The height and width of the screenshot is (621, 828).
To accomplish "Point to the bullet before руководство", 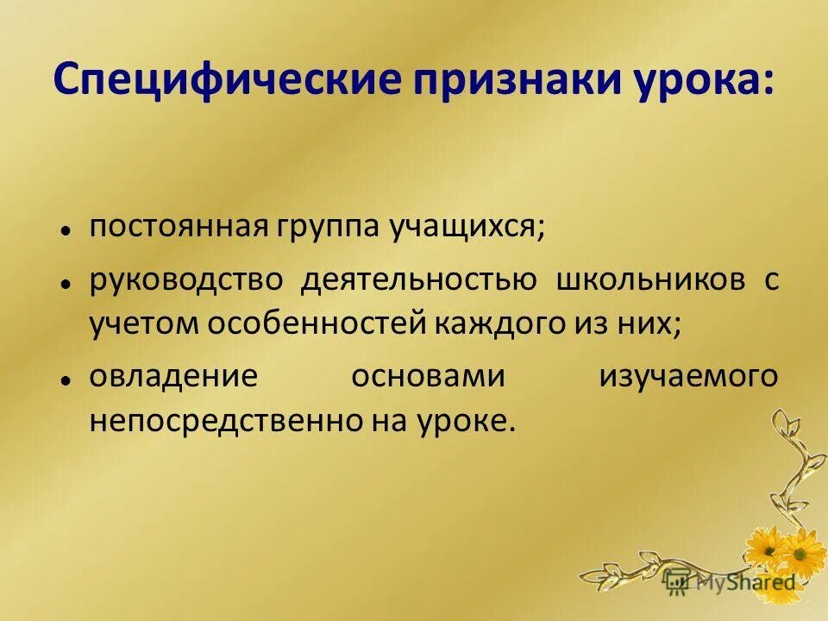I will click(66, 283).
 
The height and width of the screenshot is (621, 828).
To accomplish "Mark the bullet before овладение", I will click(66, 380).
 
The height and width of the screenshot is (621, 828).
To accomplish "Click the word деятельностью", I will click(420, 280).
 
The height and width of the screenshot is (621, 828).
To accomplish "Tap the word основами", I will click(428, 378).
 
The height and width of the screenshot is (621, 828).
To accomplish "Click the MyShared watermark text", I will click(745, 582).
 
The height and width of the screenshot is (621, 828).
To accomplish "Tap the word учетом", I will click(138, 323).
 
